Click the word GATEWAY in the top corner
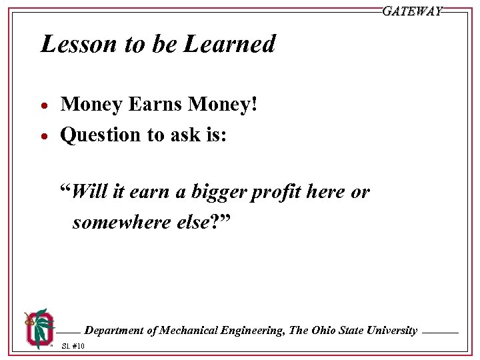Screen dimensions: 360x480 tap(412, 11)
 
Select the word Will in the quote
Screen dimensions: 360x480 tap(88, 192)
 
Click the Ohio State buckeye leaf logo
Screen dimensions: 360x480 tap(38, 327)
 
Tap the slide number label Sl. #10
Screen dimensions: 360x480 tap(73, 346)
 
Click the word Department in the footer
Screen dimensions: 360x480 tap(113, 331)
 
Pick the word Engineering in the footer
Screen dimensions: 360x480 tap(255, 331)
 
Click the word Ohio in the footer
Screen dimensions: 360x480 tap(322, 331)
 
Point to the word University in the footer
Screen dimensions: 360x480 tap(392, 331)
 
